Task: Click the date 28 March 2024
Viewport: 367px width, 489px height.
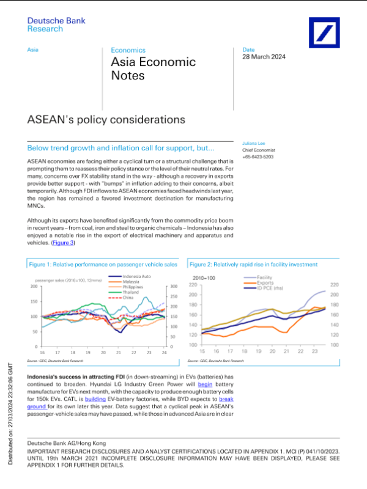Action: pyautogui.click(x=264, y=57)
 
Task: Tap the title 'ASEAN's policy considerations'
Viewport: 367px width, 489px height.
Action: pyautogui.click(x=106, y=119)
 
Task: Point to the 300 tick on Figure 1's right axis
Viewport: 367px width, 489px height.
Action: pyautogui.click(x=173, y=286)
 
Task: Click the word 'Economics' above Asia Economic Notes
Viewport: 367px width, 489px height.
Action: pyautogui.click(x=128, y=50)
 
